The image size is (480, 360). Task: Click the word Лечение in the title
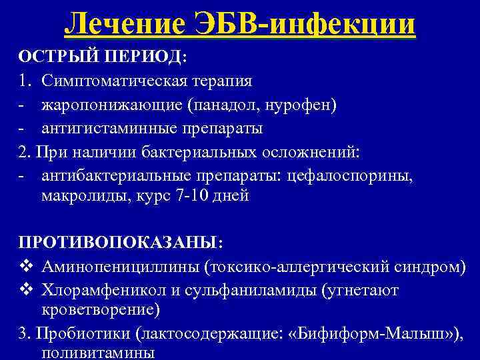click(x=127, y=24)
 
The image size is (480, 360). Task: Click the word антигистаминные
click(x=109, y=127)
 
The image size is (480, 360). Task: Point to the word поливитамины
click(x=97, y=354)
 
